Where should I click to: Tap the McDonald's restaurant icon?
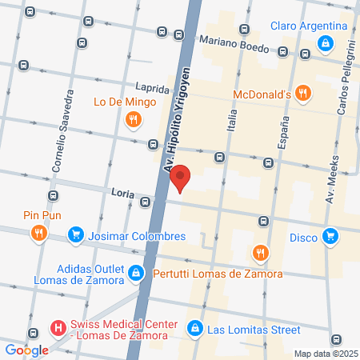(x=302, y=93)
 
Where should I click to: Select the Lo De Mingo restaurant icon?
(x=134, y=119)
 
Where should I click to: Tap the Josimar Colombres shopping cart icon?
(x=76, y=235)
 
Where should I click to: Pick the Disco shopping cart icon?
(x=330, y=236)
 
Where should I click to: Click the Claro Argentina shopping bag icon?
(x=325, y=43)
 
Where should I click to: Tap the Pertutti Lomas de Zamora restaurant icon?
(x=260, y=254)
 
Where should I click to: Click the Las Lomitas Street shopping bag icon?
(x=194, y=329)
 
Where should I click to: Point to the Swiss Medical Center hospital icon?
(x=57, y=328)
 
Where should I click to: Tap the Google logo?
(x=26, y=350)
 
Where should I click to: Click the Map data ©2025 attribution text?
(x=325, y=354)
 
